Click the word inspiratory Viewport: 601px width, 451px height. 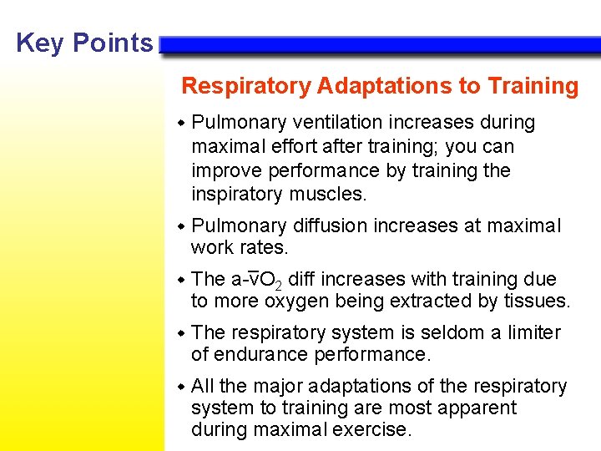tap(239, 194)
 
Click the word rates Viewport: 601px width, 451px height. tap(262, 247)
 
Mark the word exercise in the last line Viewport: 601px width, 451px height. tap(373, 429)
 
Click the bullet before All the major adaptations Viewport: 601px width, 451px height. tap(182, 387)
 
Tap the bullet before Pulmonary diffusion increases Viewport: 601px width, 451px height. tap(182, 226)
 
